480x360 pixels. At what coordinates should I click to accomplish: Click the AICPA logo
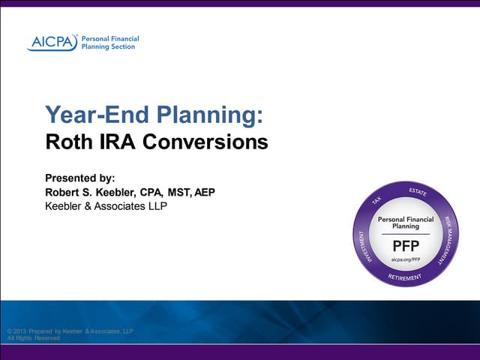point(52,42)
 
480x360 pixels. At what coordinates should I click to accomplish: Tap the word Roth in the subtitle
point(66,142)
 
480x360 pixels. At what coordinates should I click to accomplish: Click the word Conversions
point(202,142)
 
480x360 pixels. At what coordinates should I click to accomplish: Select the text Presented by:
point(80,178)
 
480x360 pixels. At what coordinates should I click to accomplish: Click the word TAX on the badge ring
point(377,199)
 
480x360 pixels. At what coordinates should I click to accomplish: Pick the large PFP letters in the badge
point(406,246)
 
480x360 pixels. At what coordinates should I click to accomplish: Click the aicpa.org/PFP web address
point(405,259)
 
